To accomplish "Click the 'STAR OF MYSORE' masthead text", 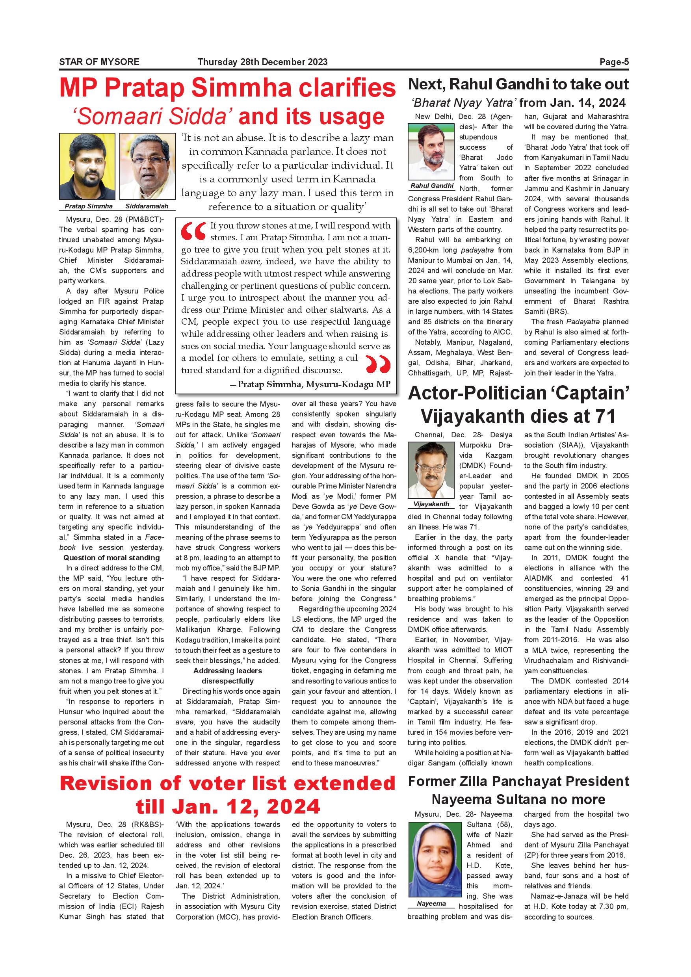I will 99,62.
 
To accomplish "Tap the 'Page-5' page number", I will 614,62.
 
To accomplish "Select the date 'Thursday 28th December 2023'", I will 262,62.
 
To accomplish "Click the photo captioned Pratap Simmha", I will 87,166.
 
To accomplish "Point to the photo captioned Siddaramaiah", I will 147,166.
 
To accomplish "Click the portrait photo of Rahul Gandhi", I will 431,152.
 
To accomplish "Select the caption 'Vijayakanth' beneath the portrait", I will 431,504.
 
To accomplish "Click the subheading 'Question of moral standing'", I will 111,558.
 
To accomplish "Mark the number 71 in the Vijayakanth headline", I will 601,416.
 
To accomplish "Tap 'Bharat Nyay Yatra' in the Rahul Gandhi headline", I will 464,102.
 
